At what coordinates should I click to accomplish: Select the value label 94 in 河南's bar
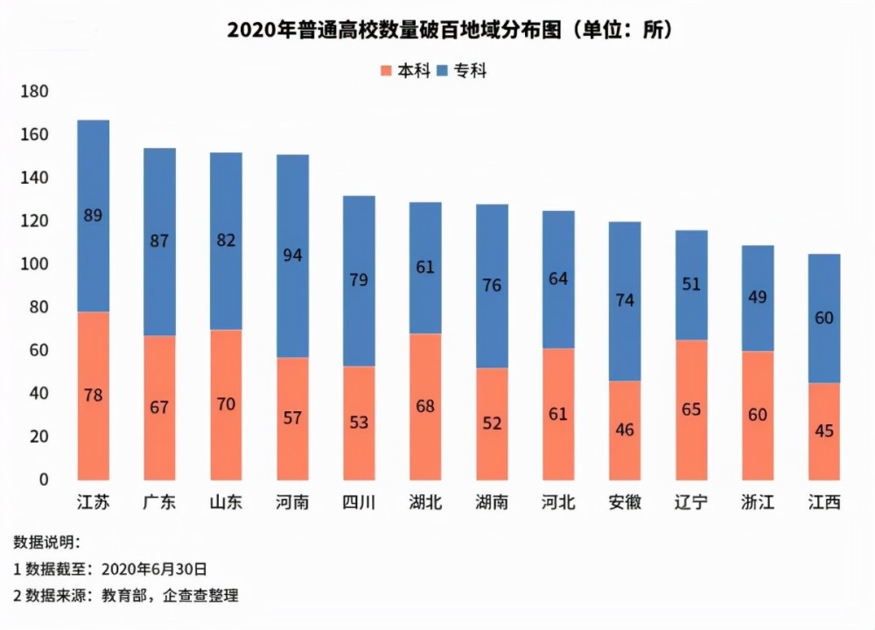coord(293,255)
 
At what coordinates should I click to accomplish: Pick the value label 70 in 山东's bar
coord(227,404)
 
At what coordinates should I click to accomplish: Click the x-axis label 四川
coord(360,503)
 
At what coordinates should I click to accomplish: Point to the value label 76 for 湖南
coord(493,286)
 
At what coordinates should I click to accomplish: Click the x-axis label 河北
coord(558,503)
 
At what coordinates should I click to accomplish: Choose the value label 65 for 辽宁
coord(691,409)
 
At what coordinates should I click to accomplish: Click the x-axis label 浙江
coord(758,503)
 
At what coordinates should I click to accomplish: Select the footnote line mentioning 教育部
coord(126,596)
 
